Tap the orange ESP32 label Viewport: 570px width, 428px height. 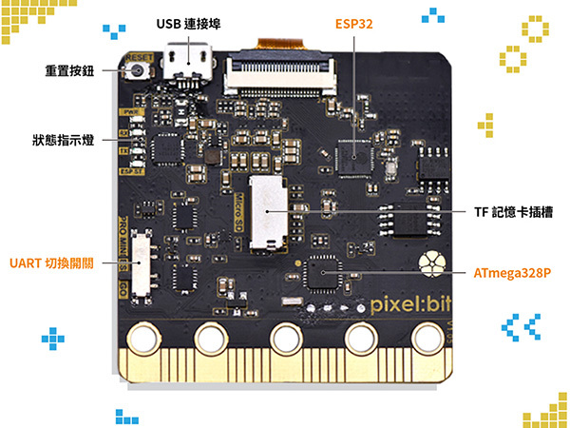pos(353,23)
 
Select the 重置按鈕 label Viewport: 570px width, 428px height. pos(69,70)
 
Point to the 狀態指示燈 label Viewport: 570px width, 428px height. pos(63,141)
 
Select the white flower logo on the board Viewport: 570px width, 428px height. pos(435,263)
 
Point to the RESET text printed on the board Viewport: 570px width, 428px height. pos(139,56)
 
